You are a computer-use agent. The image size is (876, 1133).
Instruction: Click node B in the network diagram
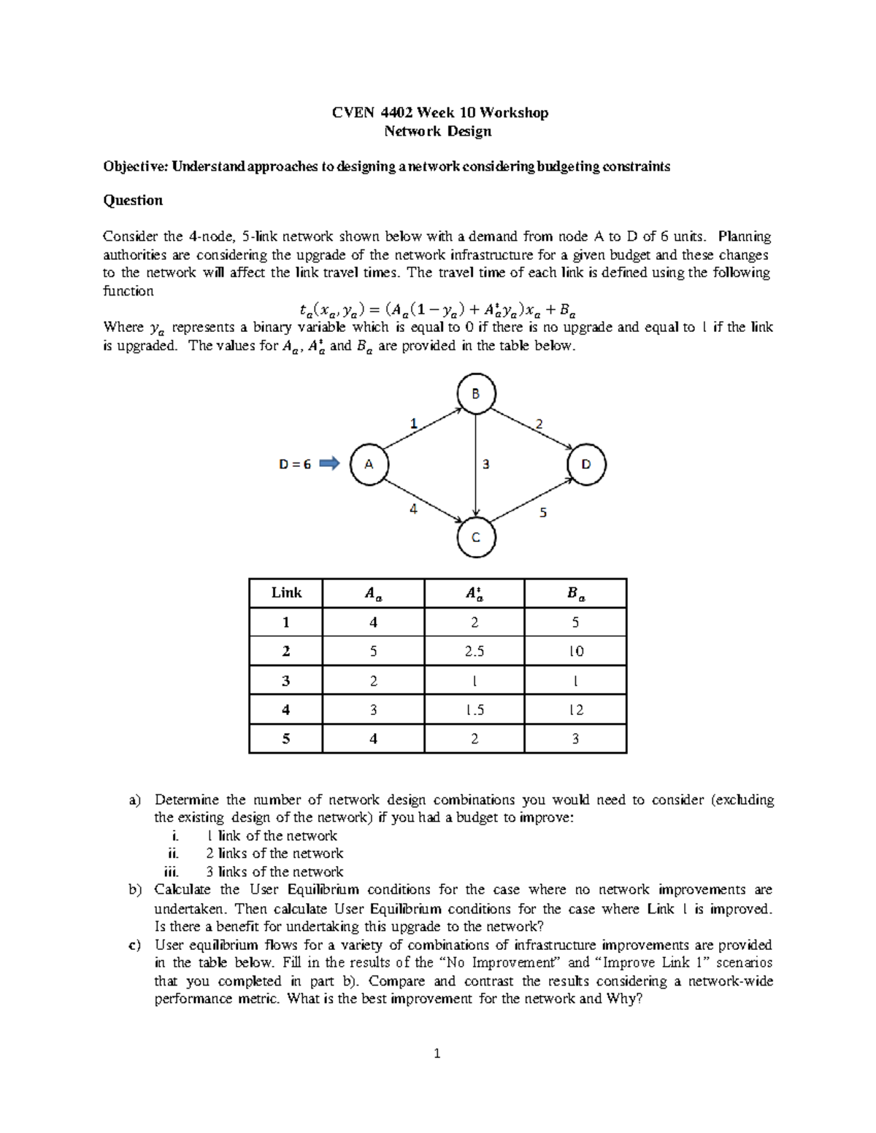476,394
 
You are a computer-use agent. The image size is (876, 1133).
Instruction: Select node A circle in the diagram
369,464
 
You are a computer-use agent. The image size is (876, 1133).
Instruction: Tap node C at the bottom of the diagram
476,538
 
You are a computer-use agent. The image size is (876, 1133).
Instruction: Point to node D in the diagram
586,464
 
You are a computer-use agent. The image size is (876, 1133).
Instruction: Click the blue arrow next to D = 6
330,463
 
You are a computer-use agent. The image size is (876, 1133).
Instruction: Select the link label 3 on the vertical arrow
485,463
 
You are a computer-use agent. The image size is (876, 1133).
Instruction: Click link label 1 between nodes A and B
413,422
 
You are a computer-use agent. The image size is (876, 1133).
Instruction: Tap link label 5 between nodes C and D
542,513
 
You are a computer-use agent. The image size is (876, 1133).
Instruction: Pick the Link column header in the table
286,592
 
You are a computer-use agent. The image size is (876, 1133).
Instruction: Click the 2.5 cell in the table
474,651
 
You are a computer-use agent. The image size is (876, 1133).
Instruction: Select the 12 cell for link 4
575,709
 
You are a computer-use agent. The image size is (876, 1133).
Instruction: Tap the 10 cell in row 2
575,651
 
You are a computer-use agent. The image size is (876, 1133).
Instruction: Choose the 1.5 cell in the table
474,709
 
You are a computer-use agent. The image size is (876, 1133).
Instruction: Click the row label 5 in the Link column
286,738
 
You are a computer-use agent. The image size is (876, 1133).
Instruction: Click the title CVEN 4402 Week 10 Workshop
440,112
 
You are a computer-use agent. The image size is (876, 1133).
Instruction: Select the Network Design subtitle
438,131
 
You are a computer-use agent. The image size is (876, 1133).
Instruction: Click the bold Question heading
133,200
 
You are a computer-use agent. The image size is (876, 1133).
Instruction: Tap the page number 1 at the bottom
437,1053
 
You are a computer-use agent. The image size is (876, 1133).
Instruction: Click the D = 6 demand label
295,464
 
